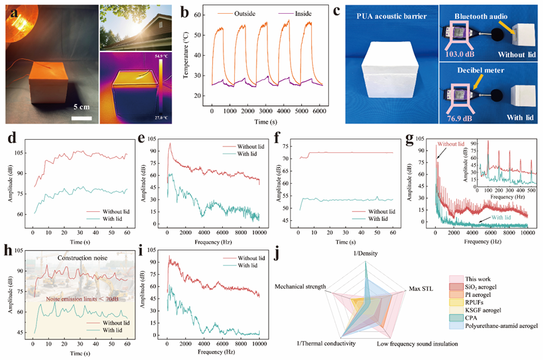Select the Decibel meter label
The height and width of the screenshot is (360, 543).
[482, 71]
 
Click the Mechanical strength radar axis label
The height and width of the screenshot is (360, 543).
[300, 287]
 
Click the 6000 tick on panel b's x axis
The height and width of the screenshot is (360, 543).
[316, 110]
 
